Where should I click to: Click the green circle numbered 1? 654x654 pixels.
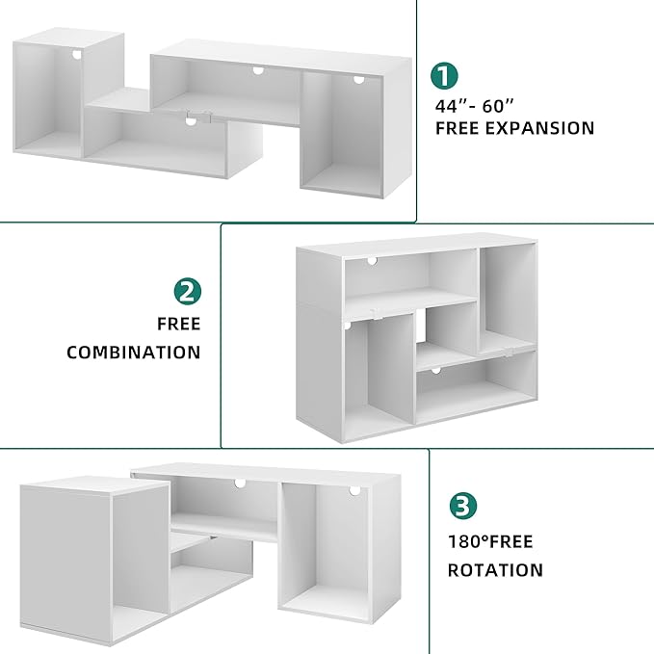[444, 75]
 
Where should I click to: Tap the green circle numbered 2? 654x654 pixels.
[188, 291]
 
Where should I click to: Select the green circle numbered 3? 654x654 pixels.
[463, 506]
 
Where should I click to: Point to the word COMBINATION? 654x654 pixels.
[134, 353]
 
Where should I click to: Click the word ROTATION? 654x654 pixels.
[495, 570]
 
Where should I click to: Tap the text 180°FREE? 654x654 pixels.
[490, 542]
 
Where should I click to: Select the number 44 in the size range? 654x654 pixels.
[447, 106]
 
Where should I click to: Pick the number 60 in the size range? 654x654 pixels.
[493, 106]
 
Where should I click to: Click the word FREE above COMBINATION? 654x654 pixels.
[179, 324]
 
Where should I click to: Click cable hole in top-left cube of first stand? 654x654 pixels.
[77, 54]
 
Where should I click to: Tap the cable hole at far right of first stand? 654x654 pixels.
[358, 79]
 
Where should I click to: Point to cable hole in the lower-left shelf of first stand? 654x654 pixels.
[191, 121]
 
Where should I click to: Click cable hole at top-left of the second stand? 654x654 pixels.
[372, 261]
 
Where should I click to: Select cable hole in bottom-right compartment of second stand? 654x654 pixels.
[436, 371]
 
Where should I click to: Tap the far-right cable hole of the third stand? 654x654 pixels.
[355, 490]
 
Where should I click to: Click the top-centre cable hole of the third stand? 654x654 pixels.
[240, 484]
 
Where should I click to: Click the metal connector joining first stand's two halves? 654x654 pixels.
[199, 117]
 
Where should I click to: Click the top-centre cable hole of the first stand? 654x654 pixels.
[258, 70]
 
